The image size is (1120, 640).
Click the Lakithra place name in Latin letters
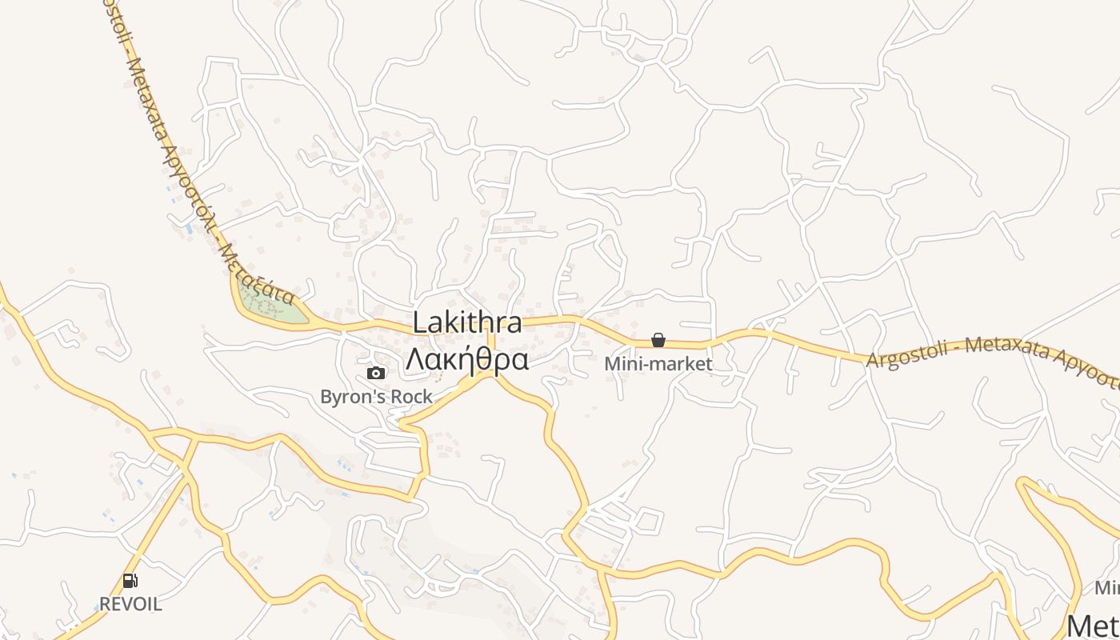(x=468, y=323)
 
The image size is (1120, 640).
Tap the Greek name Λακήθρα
(x=467, y=359)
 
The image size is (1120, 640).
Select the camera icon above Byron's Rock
(x=375, y=373)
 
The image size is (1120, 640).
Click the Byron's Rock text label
(x=376, y=396)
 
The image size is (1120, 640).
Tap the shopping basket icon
(x=658, y=340)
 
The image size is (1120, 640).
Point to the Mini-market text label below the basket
(x=658, y=364)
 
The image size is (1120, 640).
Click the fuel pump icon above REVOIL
(x=130, y=581)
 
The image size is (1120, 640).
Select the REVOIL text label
(x=130, y=604)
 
